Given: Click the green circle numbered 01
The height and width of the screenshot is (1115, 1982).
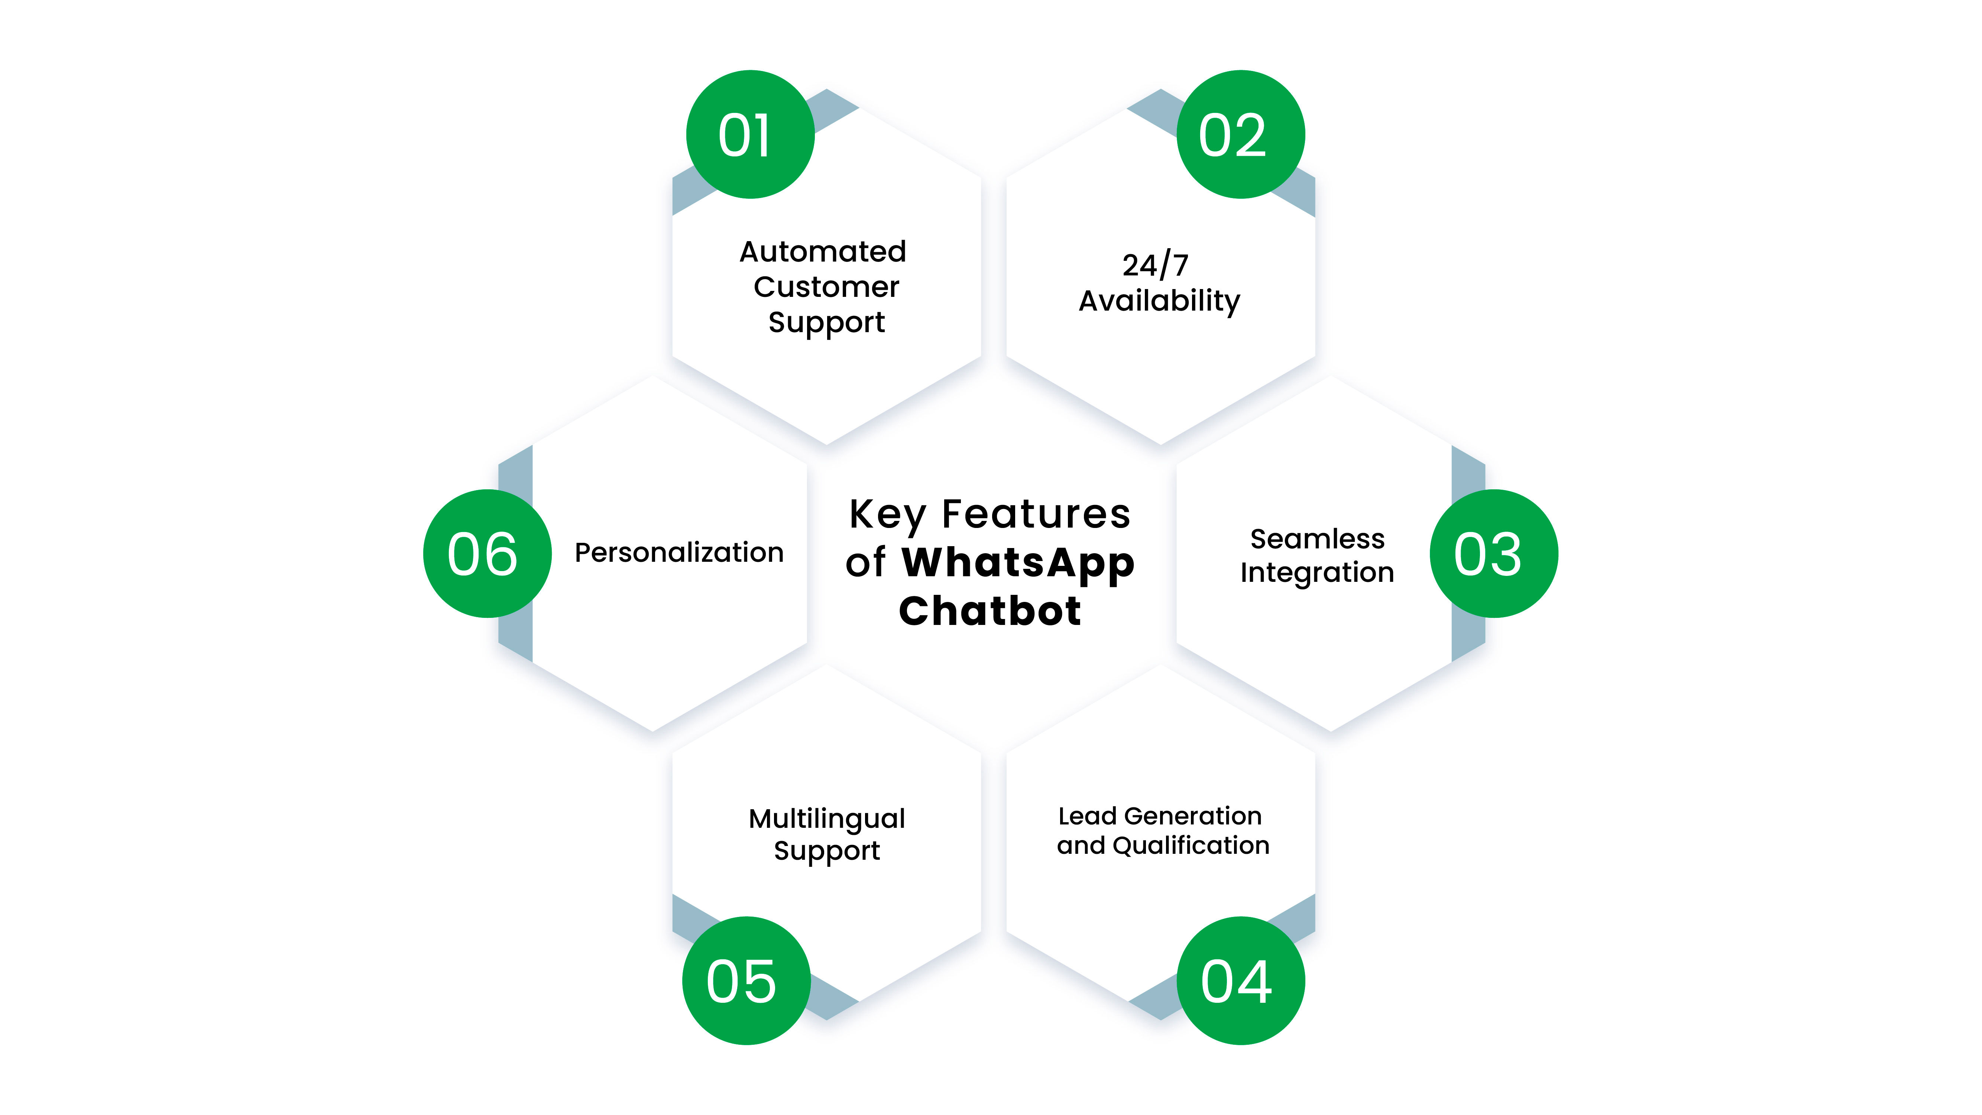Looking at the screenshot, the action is click(750, 134).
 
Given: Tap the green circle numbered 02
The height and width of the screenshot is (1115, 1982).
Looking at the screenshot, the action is click(1240, 134).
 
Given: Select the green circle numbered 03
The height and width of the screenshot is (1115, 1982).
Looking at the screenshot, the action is click(1493, 553).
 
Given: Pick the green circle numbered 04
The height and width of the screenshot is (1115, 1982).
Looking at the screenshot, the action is click(1240, 981).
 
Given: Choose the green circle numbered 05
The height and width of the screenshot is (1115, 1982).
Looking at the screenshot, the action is click(747, 981).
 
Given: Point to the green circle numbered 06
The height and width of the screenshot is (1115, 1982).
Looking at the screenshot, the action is click(487, 553).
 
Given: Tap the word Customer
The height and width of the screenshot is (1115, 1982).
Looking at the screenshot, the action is click(826, 287).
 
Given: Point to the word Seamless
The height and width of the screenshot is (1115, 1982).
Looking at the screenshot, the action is click(1317, 539).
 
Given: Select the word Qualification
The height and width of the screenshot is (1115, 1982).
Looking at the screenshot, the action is click(1191, 846).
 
